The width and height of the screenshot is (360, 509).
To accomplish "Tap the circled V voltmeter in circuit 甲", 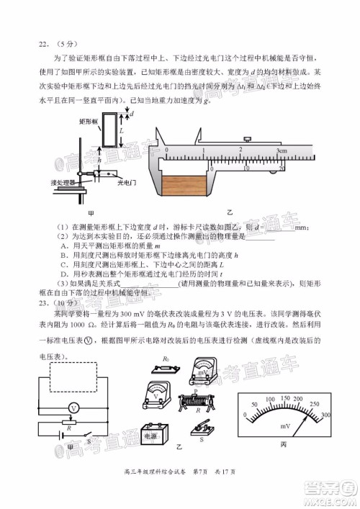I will pos(72,407).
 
